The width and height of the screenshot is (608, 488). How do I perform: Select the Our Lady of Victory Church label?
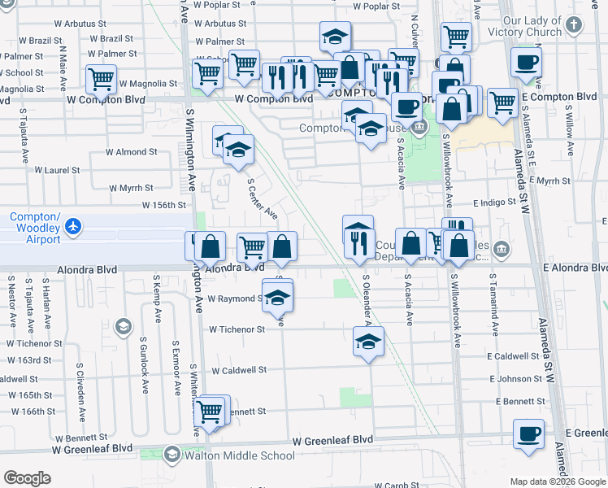point(532,26)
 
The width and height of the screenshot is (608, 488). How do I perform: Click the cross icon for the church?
point(574,24)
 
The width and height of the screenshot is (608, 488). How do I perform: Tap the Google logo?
point(28,478)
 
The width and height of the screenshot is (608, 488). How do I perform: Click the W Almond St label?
point(131,152)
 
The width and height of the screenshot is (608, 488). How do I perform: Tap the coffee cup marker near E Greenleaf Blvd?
point(528,434)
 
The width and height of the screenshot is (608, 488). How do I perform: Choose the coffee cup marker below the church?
point(526,62)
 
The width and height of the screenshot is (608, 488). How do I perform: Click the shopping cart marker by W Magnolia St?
point(101,80)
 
